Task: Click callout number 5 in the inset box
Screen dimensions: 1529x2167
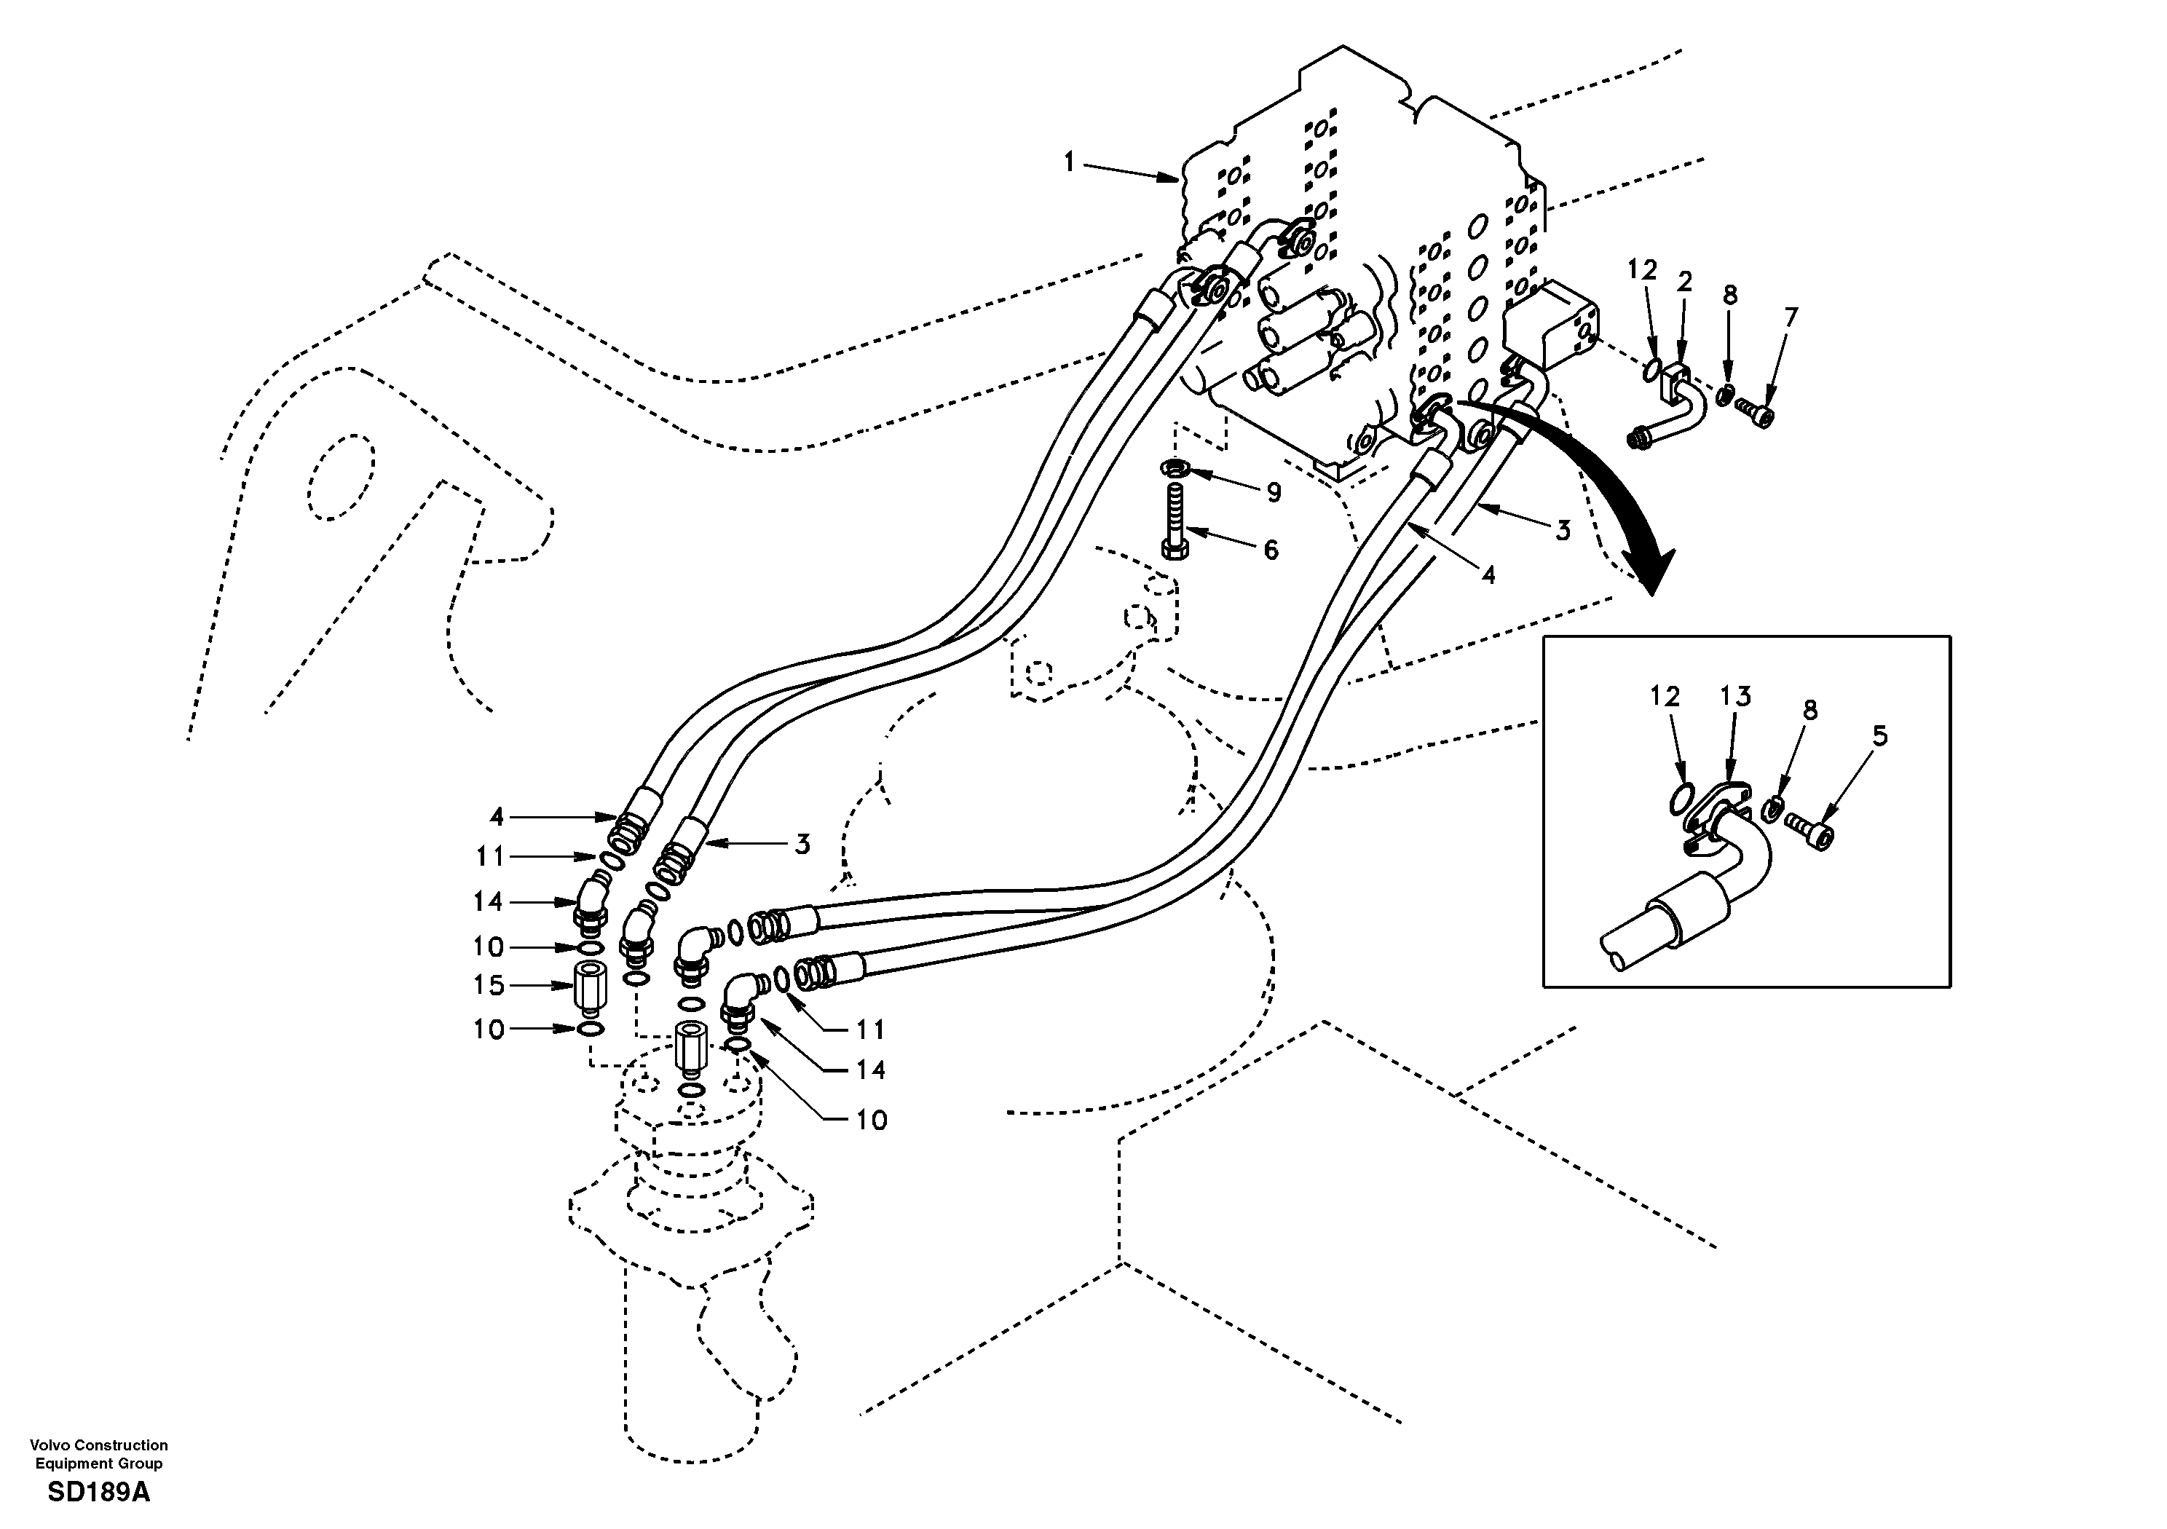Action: [1880, 735]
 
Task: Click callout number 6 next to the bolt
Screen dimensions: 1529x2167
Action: [1271, 549]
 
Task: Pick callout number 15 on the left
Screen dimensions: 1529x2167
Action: [489, 985]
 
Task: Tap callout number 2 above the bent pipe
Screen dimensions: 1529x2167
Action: [1684, 281]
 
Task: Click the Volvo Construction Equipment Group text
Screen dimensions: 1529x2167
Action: [98, 1453]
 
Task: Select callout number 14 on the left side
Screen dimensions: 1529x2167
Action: [488, 901]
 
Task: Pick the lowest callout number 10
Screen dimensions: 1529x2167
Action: [871, 1121]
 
